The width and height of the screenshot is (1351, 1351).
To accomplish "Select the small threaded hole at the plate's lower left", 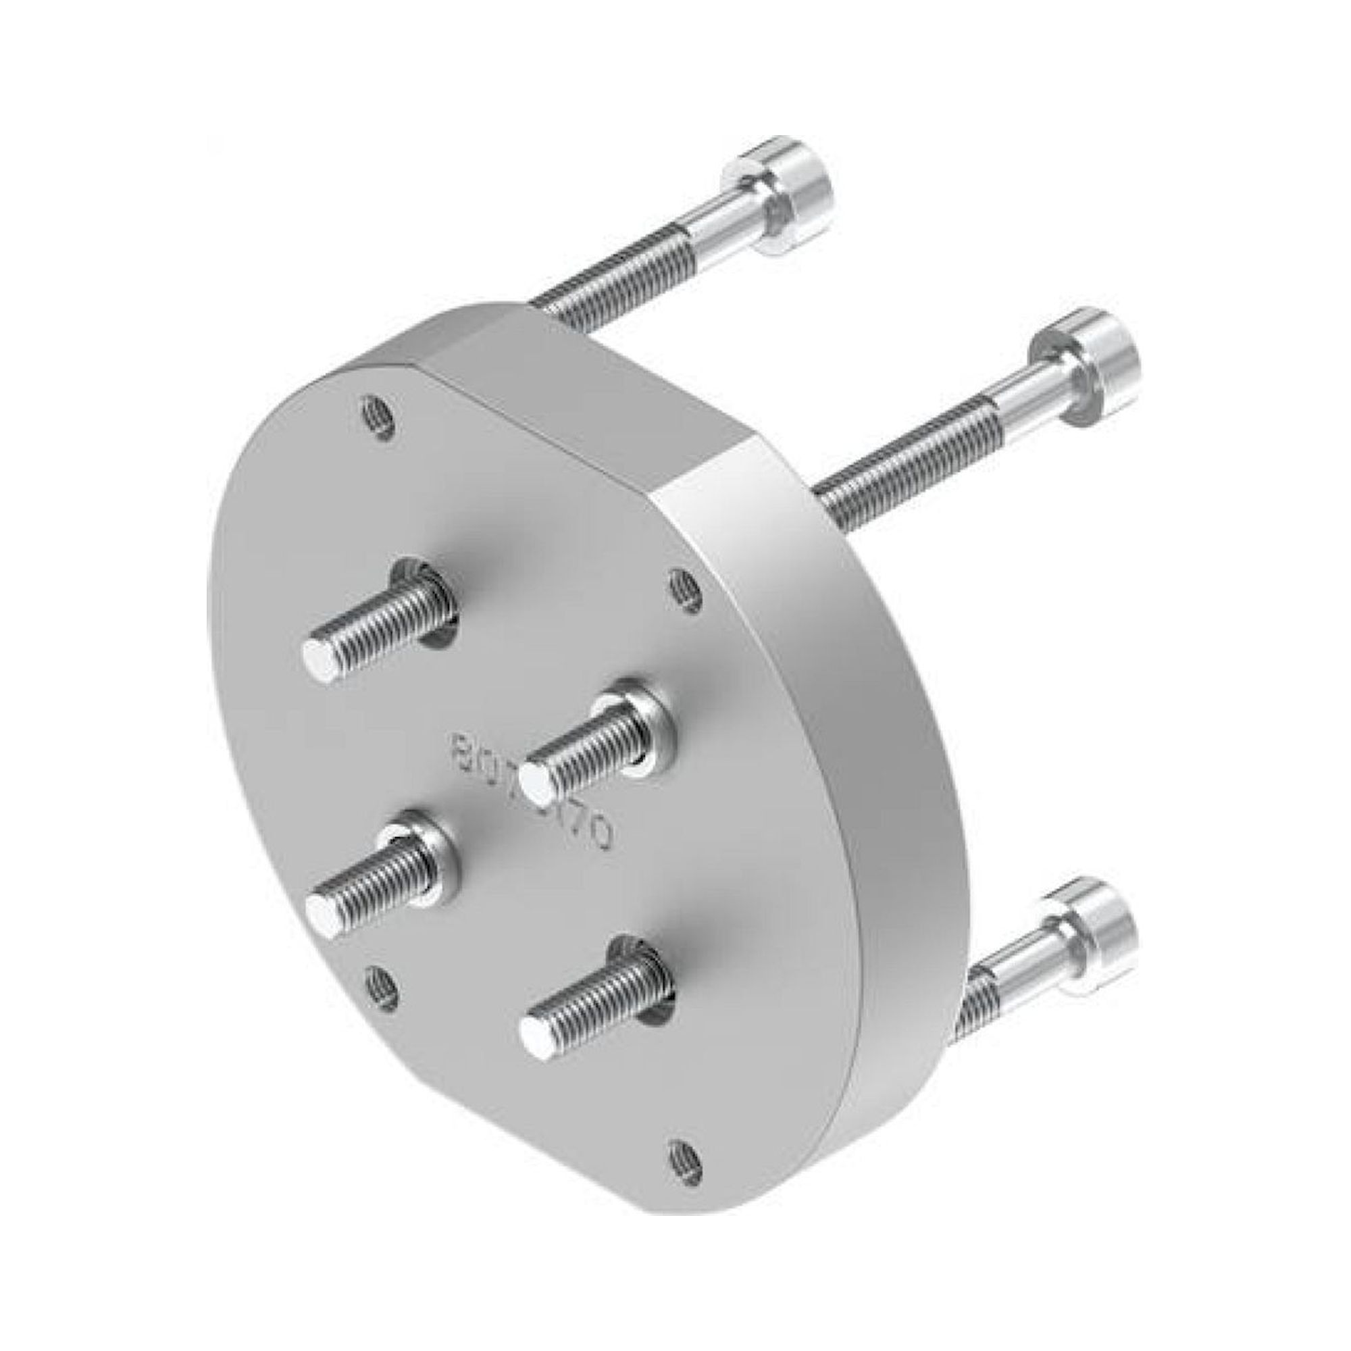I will click(x=382, y=988).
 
